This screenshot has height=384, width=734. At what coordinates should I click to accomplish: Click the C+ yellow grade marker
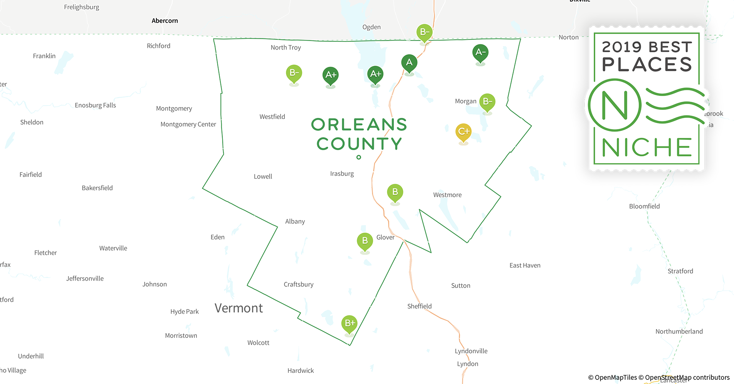coord(463,132)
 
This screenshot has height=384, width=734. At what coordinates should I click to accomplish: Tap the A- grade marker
coord(480,52)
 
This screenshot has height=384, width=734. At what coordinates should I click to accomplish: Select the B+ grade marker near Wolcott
coord(349,323)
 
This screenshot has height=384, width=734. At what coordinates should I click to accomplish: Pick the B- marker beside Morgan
coord(487,102)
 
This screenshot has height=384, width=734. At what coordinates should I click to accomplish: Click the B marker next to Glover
coord(365,241)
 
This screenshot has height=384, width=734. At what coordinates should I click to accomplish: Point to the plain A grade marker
coord(409,63)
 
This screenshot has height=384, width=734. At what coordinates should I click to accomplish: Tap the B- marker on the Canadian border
coord(424,32)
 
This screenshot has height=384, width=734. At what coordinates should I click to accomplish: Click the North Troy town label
coord(286,48)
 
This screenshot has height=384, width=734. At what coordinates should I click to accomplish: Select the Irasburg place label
coord(342,174)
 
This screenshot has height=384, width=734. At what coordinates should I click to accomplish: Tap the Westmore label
coord(447,195)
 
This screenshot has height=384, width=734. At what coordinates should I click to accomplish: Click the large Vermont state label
coord(239,308)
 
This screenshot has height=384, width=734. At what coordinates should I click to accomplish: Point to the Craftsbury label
coord(299,285)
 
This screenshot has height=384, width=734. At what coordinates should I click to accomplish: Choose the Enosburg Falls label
coord(95,105)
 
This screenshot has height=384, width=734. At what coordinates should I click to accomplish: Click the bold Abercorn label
coord(164,21)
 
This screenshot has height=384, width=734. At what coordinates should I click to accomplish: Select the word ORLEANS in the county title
coord(359,125)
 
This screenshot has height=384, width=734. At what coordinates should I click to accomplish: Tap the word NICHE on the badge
coord(647,147)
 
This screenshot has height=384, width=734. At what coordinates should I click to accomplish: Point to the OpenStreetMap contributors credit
coord(687,377)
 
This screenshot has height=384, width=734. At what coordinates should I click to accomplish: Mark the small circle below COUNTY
coord(359,157)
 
